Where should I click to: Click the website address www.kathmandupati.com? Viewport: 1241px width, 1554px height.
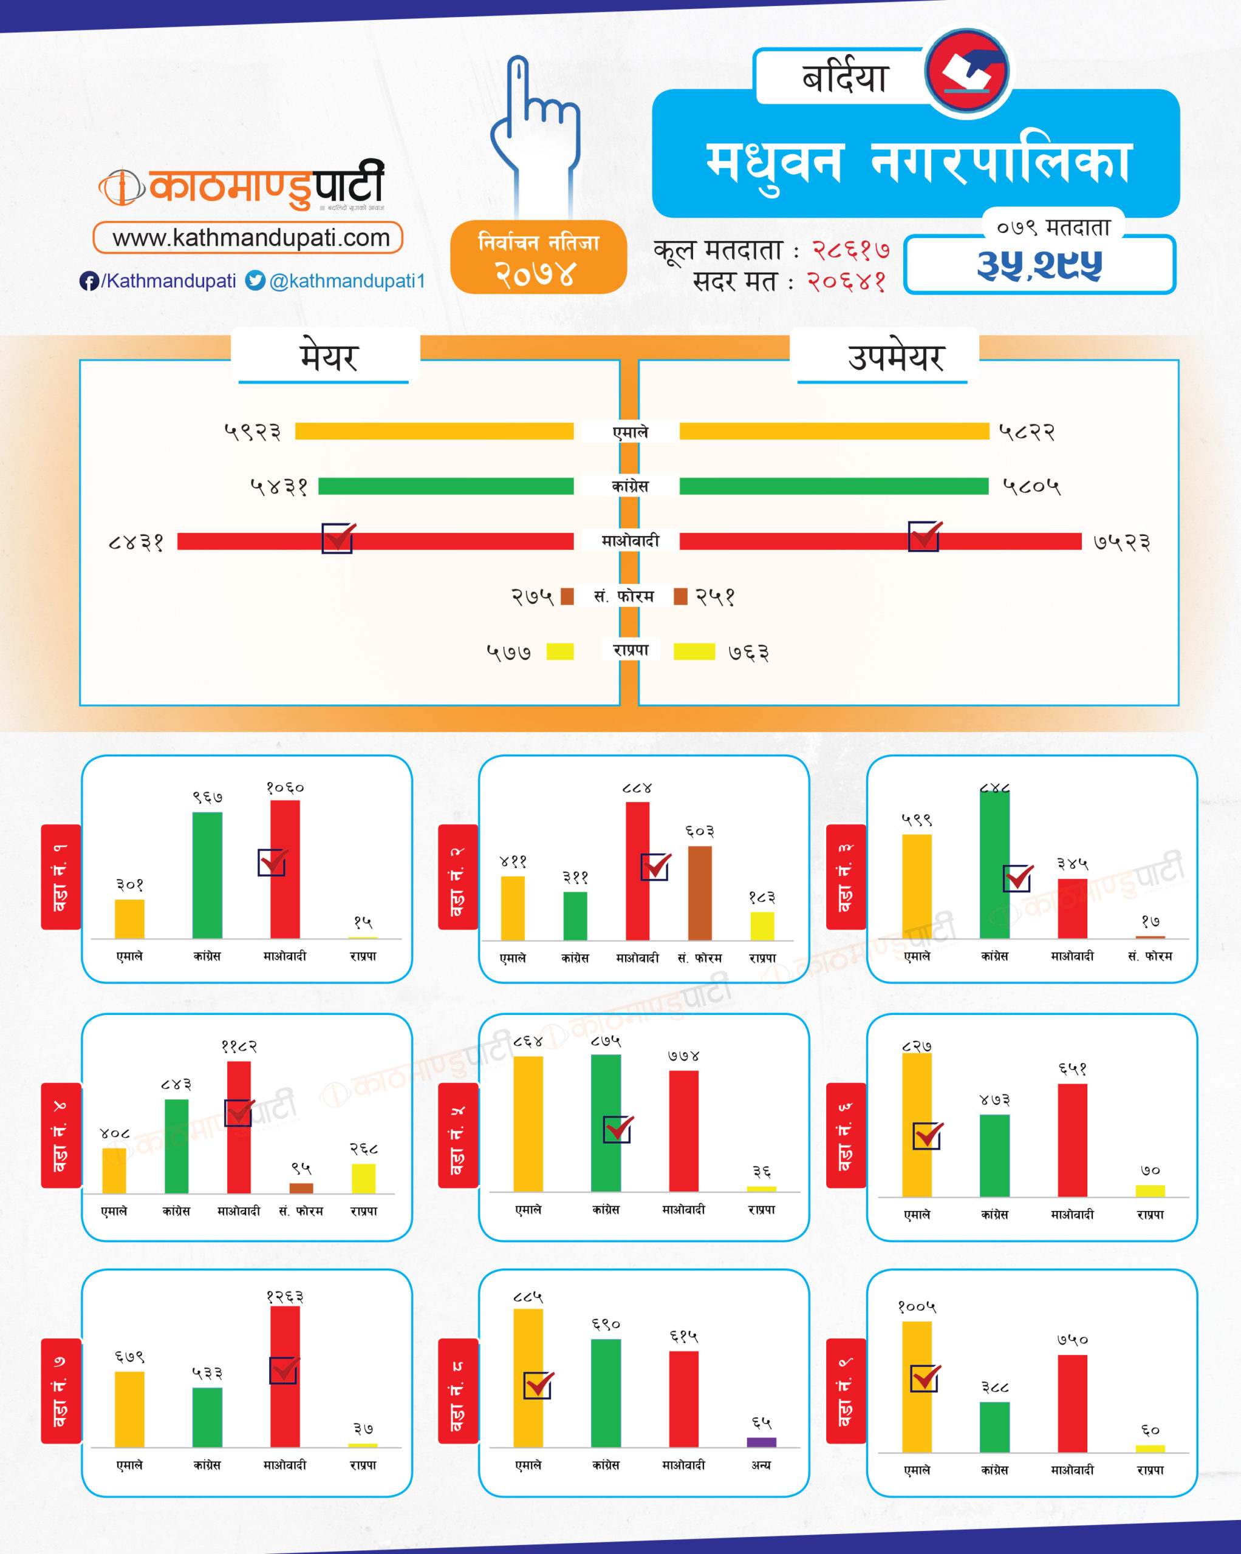point(250,238)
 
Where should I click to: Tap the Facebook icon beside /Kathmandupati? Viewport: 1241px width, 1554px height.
point(89,281)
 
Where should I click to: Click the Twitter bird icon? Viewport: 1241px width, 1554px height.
point(255,280)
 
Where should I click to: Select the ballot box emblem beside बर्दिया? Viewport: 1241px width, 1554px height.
point(968,70)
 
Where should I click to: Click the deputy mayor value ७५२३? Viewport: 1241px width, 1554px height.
point(1121,542)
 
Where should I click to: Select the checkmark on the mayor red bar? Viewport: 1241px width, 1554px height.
point(338,538)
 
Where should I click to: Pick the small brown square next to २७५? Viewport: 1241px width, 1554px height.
point(567,596)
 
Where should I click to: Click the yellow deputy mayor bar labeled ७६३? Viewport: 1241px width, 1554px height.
point(694,651)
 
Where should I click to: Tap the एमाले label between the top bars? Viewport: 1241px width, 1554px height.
point(631,432)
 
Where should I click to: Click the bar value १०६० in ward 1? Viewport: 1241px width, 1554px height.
point(285,788)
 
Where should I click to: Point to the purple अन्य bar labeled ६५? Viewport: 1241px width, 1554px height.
point(762,1442)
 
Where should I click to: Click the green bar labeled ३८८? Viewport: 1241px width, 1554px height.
point(994,1427)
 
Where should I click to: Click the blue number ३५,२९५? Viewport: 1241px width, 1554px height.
point(1039,265)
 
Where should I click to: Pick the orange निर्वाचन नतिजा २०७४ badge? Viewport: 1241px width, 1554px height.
point(539,257)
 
